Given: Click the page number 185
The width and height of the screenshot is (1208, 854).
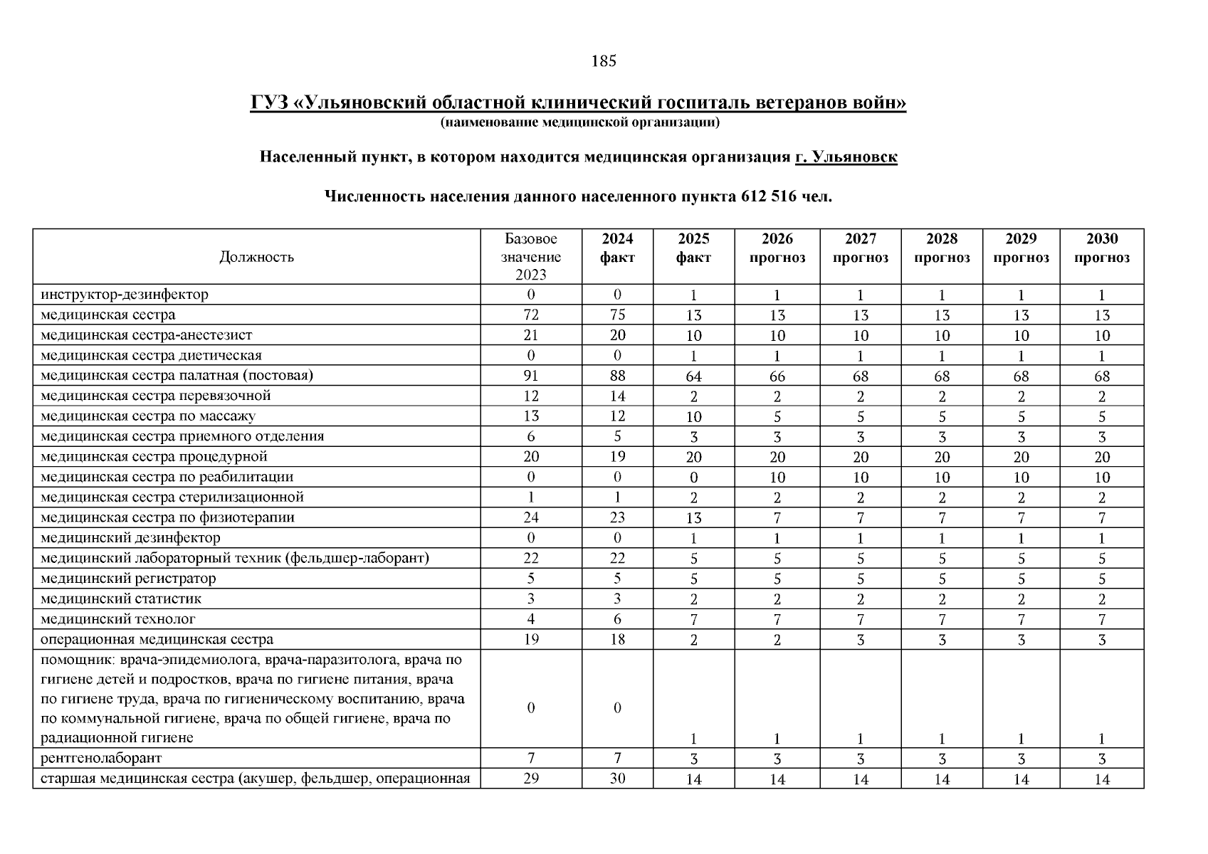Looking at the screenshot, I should pos(604,61).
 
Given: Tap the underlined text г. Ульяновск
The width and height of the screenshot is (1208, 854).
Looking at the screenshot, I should pos(846,157).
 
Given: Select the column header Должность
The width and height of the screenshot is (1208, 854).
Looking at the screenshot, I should pos(256,257).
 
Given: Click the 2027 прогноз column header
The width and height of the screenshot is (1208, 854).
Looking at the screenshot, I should pos(860,248).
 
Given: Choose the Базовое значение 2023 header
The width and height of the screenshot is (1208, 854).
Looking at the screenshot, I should pos(531,257).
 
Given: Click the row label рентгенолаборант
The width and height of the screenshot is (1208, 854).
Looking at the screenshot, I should pos(101,758).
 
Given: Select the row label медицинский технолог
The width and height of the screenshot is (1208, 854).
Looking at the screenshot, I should pos(118,619).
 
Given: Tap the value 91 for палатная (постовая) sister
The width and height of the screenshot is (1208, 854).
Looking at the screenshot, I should pos(531,376).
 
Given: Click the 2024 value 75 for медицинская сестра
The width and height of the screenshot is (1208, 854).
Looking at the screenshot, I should pos(617,315).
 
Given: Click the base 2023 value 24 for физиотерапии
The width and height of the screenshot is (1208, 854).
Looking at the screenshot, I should pos(531,517).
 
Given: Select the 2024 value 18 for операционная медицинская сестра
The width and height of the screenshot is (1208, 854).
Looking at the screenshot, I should pos(617,639).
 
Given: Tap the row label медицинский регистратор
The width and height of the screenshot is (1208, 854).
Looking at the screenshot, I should pos(128,579).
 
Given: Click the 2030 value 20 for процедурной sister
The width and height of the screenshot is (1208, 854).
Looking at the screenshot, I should pos(1101,457).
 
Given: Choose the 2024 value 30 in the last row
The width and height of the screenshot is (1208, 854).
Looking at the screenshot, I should pos(617,779).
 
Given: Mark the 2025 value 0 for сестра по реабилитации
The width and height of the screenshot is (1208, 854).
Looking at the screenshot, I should pos(693,478).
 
